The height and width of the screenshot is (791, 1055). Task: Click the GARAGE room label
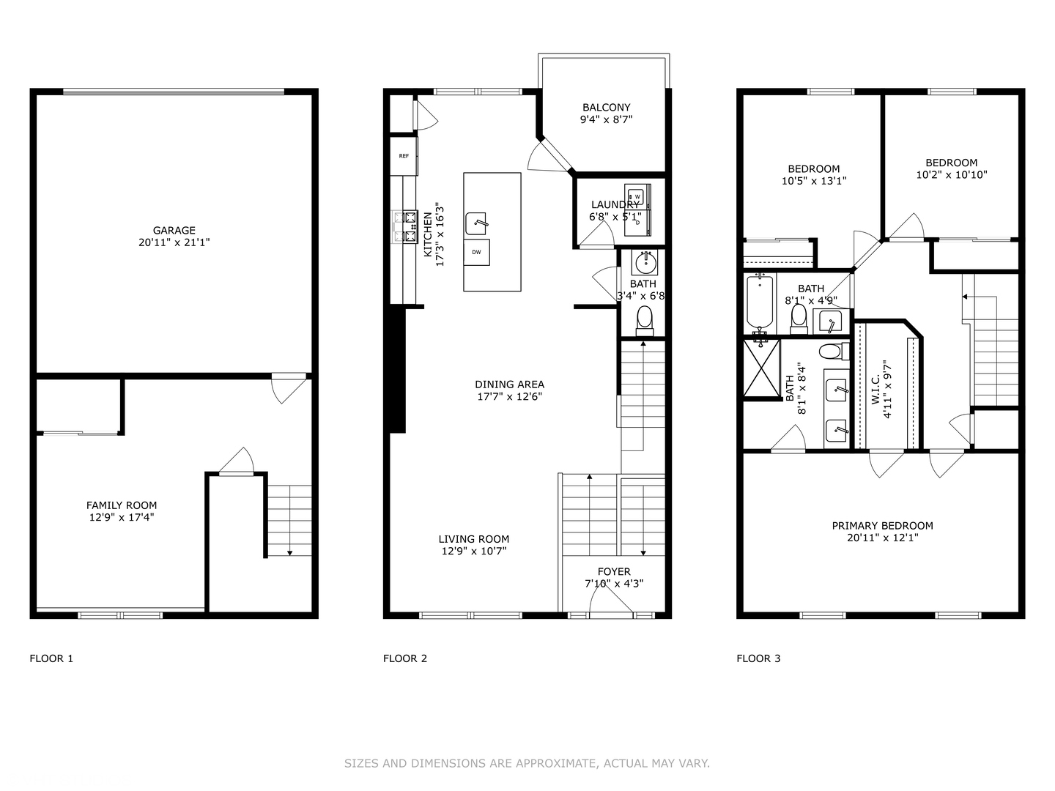[174, 230]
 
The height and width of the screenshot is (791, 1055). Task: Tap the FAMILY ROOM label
[122, 505]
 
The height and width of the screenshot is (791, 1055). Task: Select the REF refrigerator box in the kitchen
[404, 156]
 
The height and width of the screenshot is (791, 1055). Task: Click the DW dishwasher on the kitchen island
[476, 252]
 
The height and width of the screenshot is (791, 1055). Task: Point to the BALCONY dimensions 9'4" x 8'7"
[606, 119]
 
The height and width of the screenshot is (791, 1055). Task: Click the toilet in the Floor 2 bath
[645, 319]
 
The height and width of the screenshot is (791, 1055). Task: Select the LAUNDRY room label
[615, 204]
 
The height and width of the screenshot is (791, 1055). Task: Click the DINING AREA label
[509, 385]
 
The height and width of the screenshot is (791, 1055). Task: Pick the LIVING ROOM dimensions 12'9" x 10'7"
[473, 551]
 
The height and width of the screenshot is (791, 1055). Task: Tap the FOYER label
[614, 571]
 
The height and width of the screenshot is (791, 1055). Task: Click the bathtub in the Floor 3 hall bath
[760, 302]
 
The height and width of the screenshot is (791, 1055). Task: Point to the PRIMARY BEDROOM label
[882, 525]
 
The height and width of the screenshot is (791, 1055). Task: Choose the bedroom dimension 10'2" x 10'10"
[951, 175]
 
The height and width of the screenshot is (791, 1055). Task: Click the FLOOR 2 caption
[404, 658]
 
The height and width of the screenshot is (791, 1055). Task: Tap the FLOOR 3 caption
[758, 658]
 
